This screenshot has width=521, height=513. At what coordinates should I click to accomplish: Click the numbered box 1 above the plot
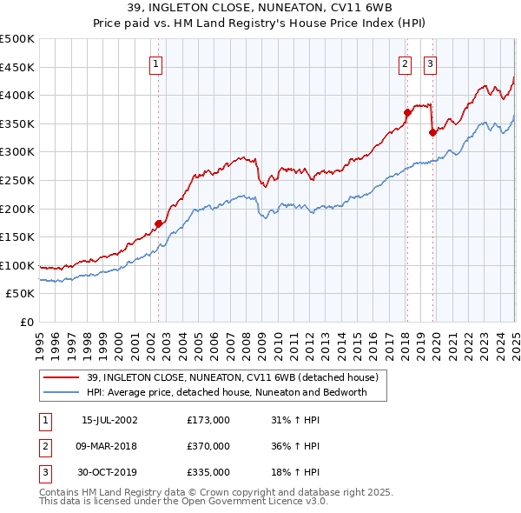click(156, 63)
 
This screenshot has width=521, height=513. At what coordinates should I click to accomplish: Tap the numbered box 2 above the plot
click(406, 63)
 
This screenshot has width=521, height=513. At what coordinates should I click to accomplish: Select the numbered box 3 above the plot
click(430, 63)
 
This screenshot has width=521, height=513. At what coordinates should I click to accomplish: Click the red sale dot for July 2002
click(158, 223)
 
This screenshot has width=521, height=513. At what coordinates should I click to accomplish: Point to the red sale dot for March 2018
click(406, 112)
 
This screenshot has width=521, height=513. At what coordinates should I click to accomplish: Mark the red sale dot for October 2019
click(432, 132)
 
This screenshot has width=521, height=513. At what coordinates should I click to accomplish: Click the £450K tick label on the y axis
click(17, 67)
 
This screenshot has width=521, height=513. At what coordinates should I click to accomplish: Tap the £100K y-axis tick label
click(17, 265)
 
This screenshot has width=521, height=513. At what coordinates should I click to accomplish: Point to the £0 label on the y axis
click(26, 322)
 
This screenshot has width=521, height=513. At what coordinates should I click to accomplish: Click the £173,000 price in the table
click(208, 420)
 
